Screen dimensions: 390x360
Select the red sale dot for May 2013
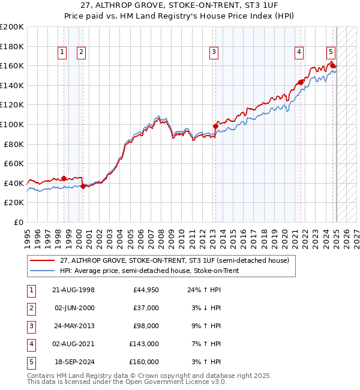coord(215,126)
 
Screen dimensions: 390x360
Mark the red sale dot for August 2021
coord(300,82)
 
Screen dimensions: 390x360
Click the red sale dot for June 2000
coord(83,186)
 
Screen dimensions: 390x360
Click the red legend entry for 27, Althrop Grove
coord(174,260)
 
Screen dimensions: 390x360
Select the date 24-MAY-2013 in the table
coord(74,326)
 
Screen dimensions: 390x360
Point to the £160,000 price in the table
coord(144,362)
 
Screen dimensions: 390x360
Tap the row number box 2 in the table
coord(31,308)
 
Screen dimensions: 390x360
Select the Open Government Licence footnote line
coord(127,382)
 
